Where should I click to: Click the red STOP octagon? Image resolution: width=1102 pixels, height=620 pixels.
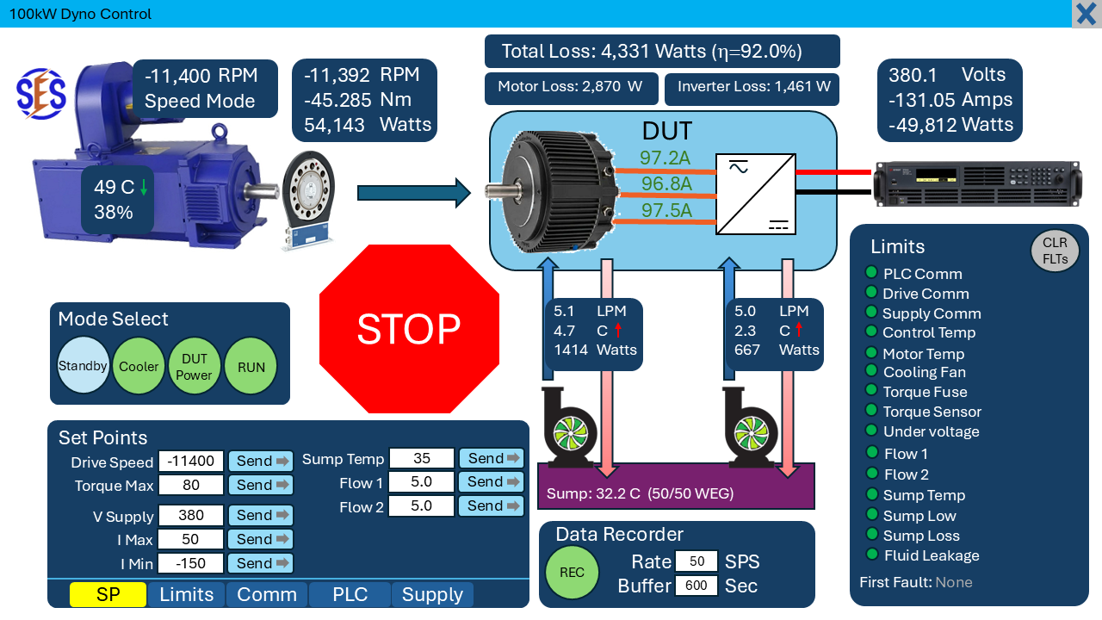point(409,328)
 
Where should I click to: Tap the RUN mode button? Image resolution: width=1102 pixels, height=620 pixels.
point(251,367)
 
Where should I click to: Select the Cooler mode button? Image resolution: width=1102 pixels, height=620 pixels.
point(139,367)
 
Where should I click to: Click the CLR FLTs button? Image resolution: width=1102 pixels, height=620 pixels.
point(1055,251)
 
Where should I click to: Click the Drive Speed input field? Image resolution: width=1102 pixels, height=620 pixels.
point(191,462)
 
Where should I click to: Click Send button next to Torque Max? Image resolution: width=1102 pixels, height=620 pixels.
point(261,485)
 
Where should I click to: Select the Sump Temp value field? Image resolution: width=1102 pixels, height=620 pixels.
point(422,458)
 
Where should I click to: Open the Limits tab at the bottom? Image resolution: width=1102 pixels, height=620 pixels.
point(187,595)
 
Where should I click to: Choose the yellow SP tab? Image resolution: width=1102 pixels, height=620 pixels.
point(108,595)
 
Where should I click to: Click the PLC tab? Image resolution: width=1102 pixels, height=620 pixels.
point(350,595)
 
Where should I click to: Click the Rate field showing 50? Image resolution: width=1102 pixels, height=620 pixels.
point(696,561)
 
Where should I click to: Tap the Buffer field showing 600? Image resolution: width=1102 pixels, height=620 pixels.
point(696,586)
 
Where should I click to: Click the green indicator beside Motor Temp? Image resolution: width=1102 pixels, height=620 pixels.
point(871,353)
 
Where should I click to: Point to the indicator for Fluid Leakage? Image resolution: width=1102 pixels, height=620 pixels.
point(871,555)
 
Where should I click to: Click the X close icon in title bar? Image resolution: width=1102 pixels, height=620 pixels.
point(1087,15)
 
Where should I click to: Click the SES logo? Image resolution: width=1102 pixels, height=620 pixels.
point(40,94)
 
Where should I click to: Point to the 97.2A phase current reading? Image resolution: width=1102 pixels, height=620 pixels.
point(665,158)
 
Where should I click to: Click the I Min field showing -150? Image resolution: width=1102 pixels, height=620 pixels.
point(191,563)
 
